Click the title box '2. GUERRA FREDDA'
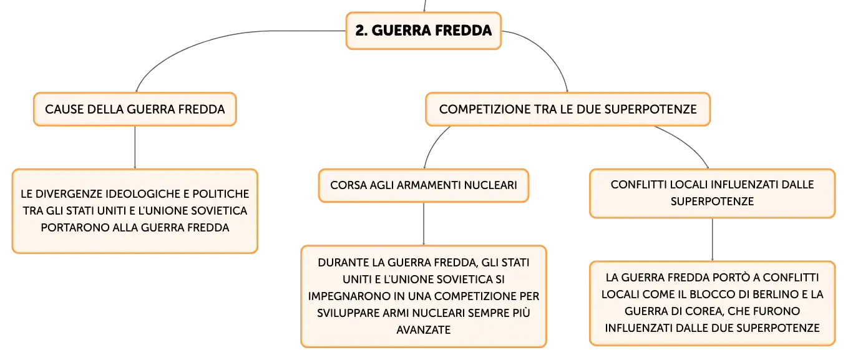[424, 31]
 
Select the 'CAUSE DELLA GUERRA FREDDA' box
[135, 109]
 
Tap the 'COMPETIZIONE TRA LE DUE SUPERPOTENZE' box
[568, 109]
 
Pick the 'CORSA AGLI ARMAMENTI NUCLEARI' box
[424, 185]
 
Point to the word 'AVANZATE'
[424, 330]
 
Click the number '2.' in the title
[361, 31]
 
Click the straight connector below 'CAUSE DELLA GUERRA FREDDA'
[135, 147]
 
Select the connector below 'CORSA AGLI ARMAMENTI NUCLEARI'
[424, 224]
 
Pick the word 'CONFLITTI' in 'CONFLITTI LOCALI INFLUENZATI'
[638, 185]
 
